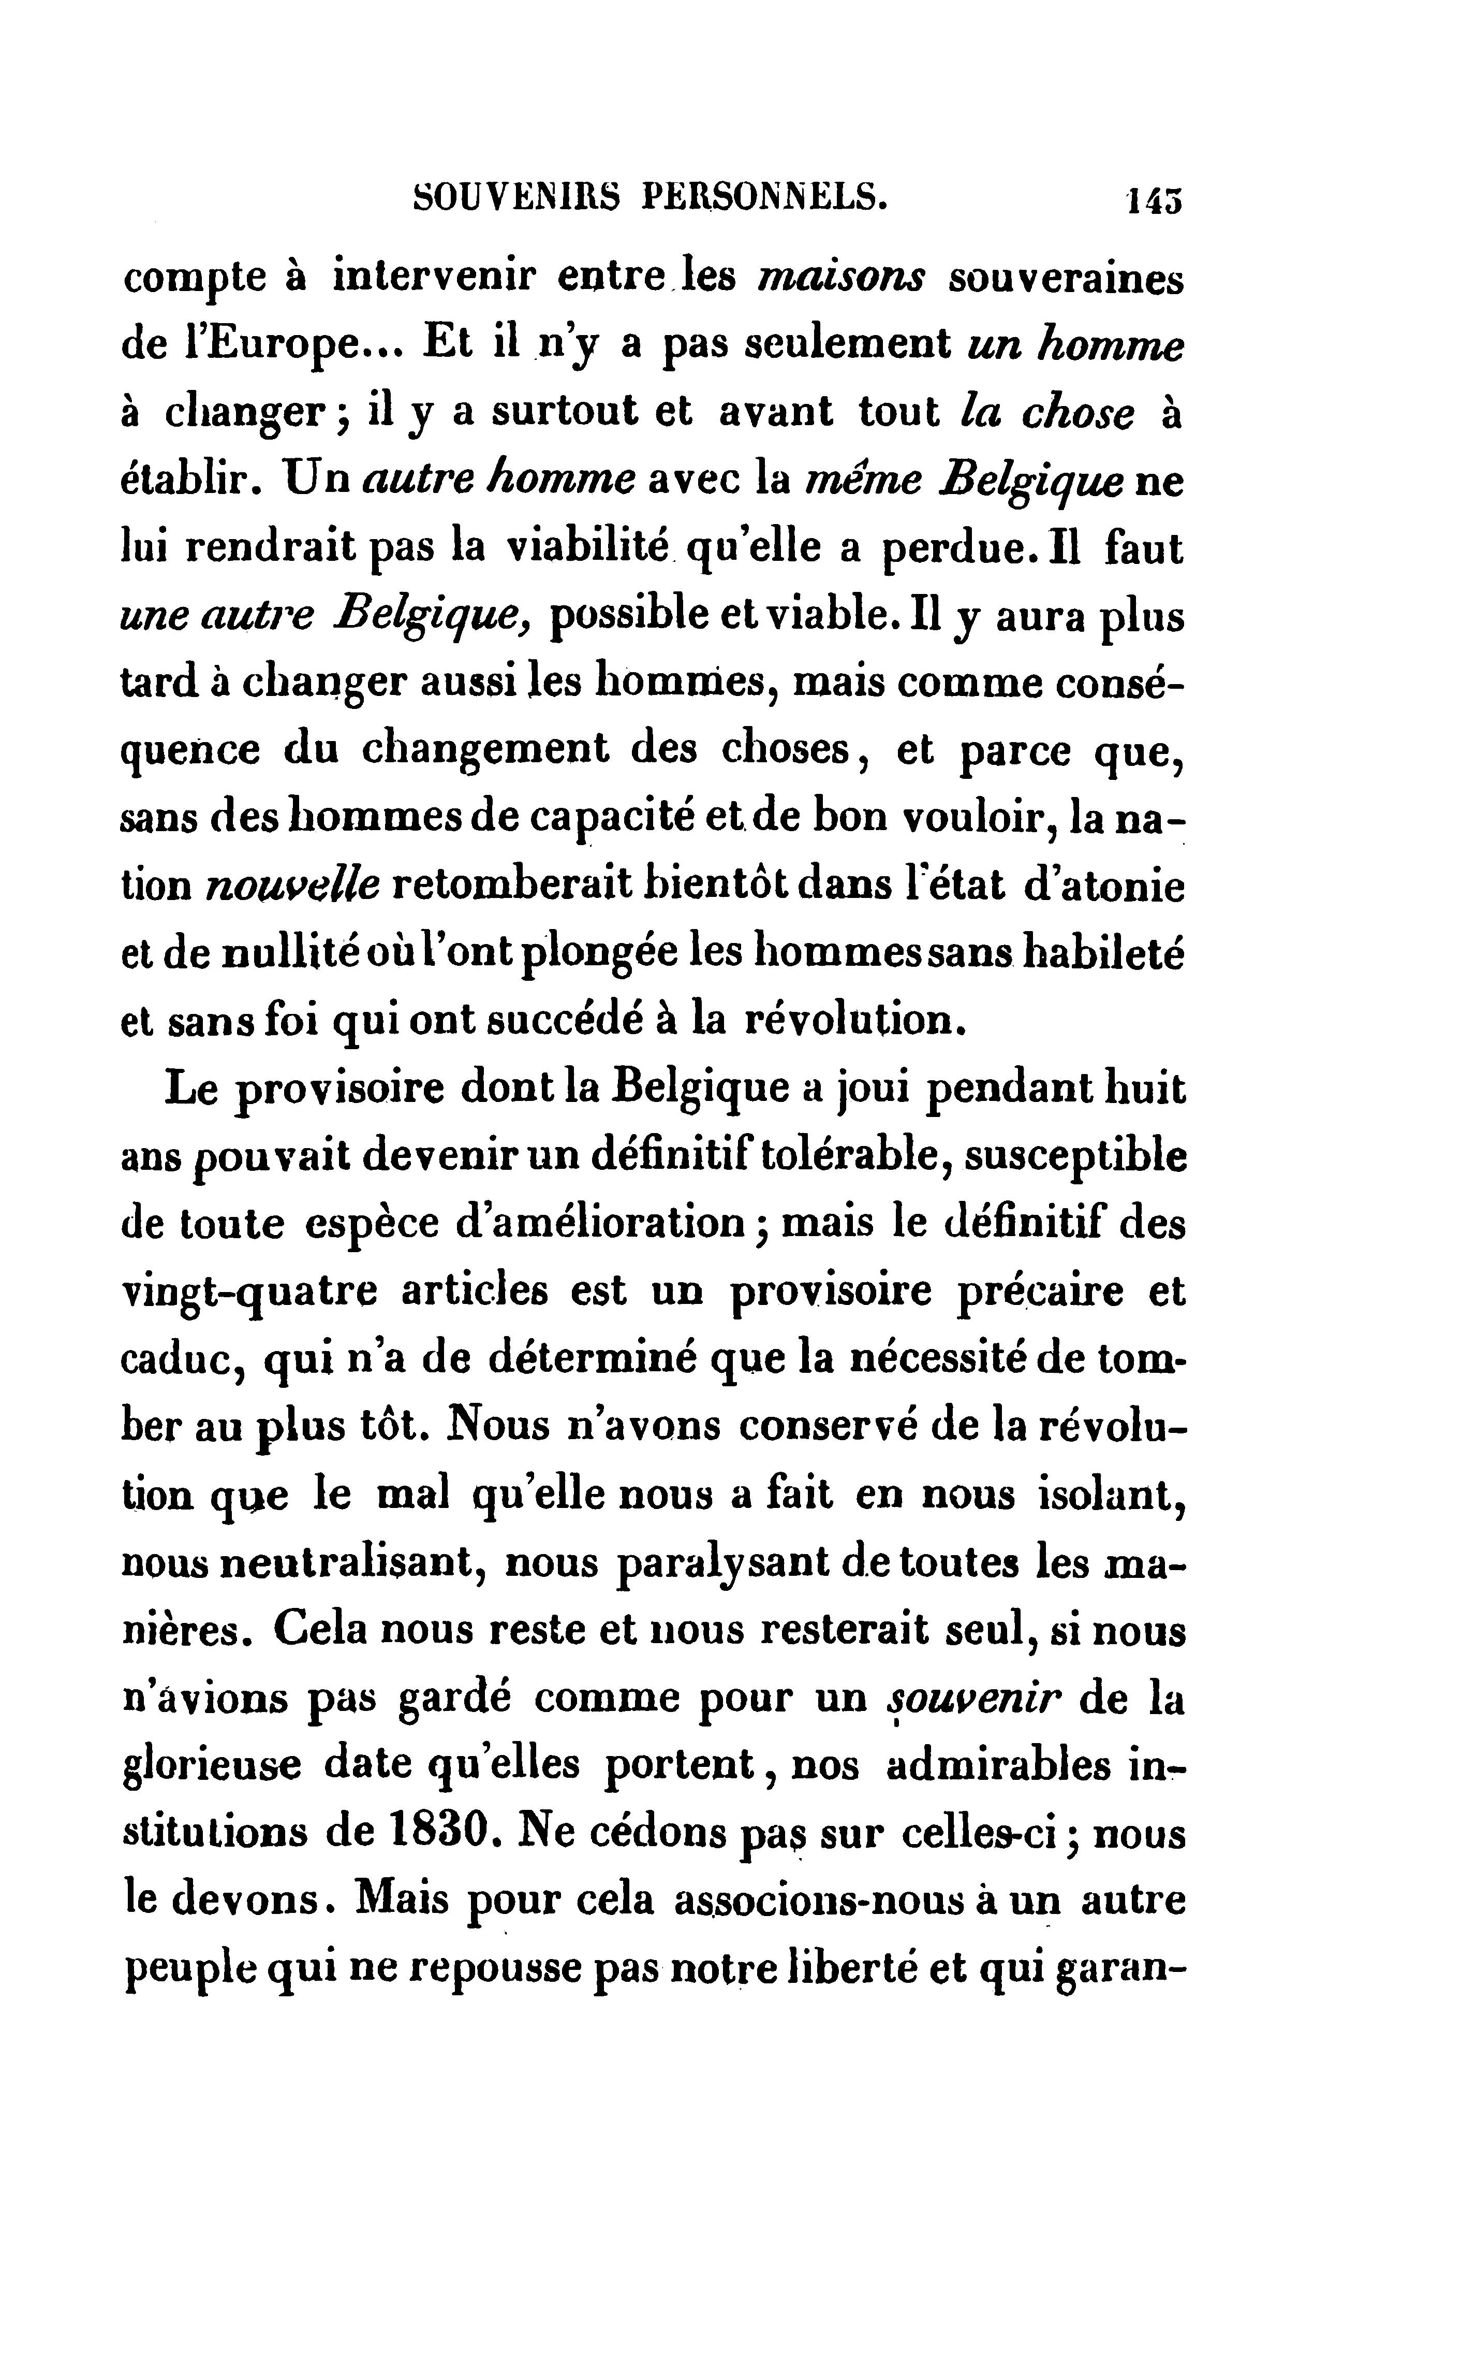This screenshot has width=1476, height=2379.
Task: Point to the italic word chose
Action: tap(1078, 413)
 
